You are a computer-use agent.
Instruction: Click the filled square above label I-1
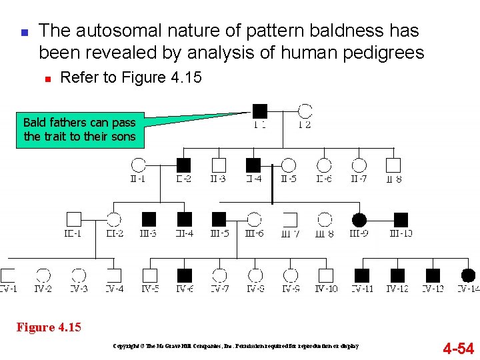(260, 111)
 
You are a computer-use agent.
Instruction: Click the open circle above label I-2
(305, 111)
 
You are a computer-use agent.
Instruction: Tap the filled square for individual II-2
(184, 165)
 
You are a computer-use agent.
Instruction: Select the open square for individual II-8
(393, 165)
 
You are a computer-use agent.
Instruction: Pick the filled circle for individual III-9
(359, 219)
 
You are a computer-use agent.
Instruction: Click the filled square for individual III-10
(401, 219)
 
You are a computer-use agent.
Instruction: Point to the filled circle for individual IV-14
(468, 275)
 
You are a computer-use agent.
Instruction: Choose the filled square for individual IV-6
(185, 275)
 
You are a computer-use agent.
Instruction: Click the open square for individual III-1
(73, 219)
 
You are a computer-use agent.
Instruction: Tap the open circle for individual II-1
(139, 165)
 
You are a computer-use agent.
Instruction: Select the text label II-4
(253, 179)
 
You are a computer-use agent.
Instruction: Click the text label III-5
(219, 233)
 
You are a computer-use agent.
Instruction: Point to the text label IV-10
(326, 289)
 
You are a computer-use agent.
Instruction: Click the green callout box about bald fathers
(79, 130)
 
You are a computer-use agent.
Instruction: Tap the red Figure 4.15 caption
(49, 327)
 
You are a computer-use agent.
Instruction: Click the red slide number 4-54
(458, 348)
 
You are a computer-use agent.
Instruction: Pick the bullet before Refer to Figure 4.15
(47, 79)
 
